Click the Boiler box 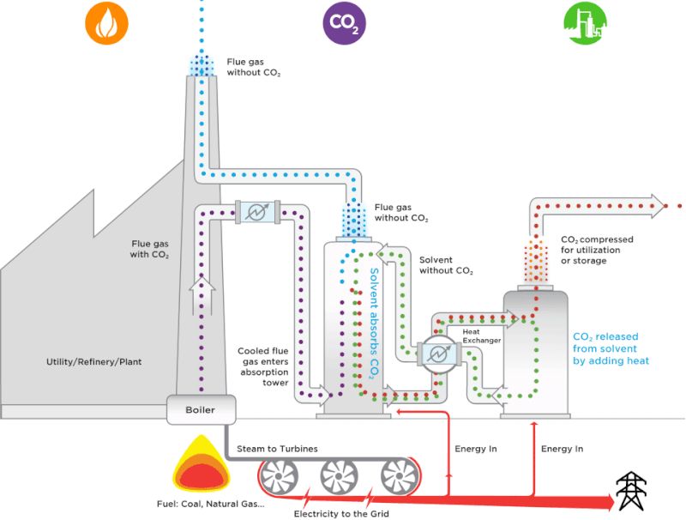pos(200,410)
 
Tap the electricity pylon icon pos(632,492)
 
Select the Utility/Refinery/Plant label pos(94,361)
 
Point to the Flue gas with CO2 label pos(150,249)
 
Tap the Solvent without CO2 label pos(446,265)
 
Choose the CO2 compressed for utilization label pos(597,250)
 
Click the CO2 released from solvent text pos(611,348)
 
